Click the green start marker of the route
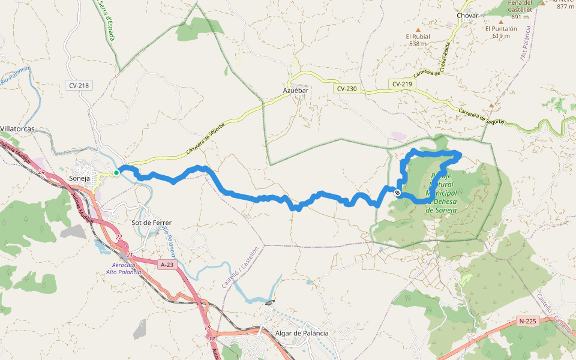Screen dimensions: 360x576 (x=116, y=172)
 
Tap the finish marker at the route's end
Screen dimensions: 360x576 (x=397, y=193)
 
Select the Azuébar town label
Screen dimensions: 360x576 (x=295, y=90)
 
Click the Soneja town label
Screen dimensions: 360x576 (x=80, y=179)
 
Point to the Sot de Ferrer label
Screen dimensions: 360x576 (x=151, y=223)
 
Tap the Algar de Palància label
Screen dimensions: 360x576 (x=302, y=333)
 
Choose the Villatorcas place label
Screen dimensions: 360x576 (x=17, y=129)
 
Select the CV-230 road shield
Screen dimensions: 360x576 (x=347, y=89)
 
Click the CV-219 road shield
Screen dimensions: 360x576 (x=402, y=84)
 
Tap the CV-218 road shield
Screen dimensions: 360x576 (x=79, y=85)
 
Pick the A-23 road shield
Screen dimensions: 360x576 (x=167, y=264)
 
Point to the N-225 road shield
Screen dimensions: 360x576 (x=527, y=321)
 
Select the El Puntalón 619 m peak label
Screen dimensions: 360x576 (x=501, y=32)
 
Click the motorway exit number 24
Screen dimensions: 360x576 (x=41, y=172)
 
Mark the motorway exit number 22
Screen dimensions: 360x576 (x=119, y=238)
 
